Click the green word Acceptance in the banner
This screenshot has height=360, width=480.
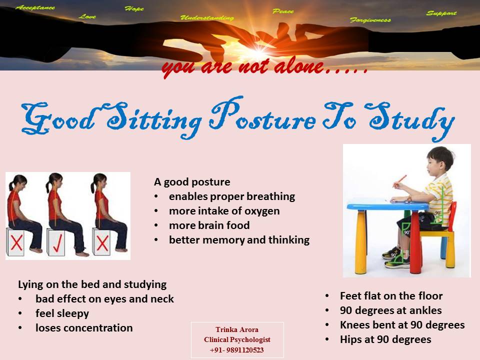[x=35, y=7]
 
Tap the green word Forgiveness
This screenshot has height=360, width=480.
[x=370, y=20]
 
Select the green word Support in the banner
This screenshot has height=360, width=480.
[x=441, y=13]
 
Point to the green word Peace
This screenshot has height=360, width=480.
[x=283, y=11]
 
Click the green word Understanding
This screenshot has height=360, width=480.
[x=207, y=18]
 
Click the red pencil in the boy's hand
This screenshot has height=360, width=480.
[x=400, y=180]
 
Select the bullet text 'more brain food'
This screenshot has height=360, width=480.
[x=209, y=225]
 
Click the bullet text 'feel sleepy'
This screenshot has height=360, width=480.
[x=62, y=313]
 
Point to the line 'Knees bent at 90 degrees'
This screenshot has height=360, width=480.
[x=402, y=325]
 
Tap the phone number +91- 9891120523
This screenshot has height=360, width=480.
[x=236, y=350]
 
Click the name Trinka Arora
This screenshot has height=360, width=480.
[x=237, y=329]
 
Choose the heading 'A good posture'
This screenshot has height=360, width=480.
[x=192, y=182]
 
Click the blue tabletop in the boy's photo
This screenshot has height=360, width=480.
[x=387, y=204]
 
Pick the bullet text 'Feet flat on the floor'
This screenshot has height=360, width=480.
[x=391, y=295]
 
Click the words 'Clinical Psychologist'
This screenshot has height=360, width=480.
[x=237, y=340]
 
